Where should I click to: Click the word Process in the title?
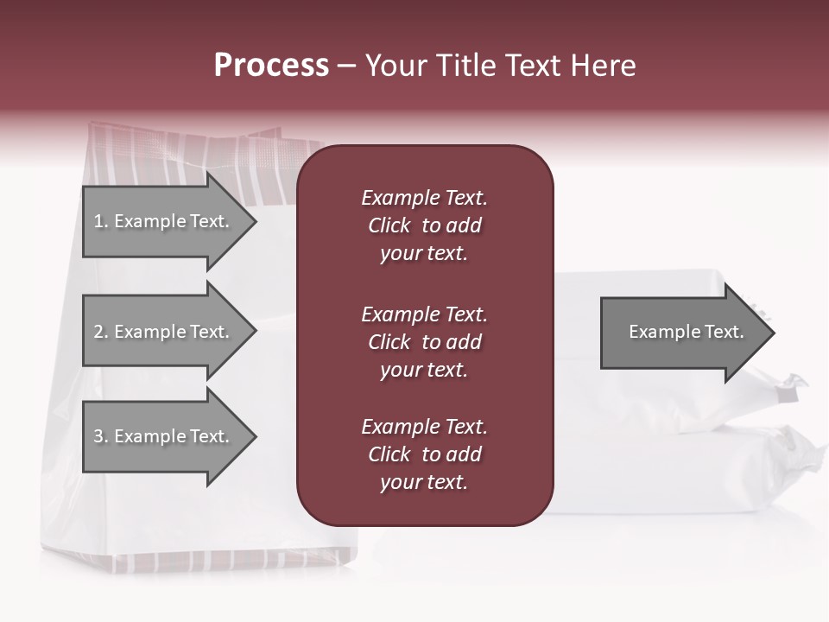click(271, 66)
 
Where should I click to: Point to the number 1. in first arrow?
click(101, 221)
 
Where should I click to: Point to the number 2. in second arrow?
click(101, 332)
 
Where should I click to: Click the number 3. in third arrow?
click(101, 436)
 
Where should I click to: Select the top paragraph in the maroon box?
click(424, 225)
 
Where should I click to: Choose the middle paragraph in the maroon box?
click(424, 342)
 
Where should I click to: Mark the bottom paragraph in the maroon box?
click(424, 454)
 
